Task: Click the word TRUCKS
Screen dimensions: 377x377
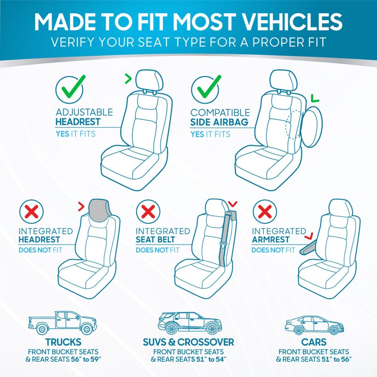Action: point(63,342)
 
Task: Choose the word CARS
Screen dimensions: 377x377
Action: point(313,342)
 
